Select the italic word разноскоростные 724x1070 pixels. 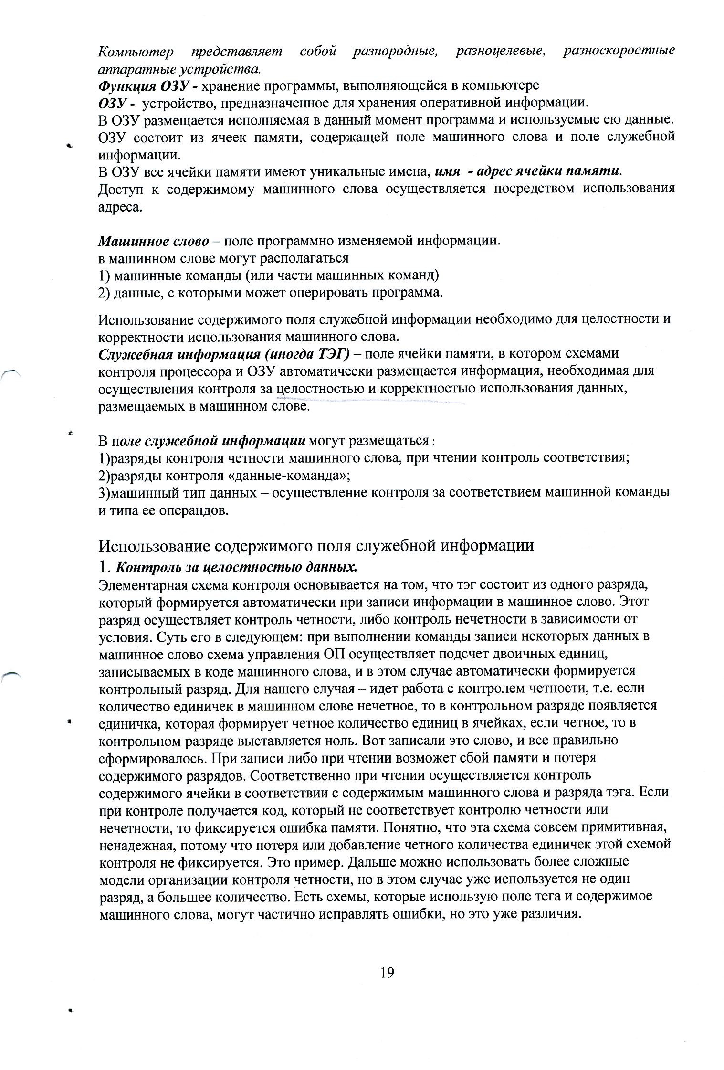pos(619,52)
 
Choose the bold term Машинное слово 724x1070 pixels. pos(153,242)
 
